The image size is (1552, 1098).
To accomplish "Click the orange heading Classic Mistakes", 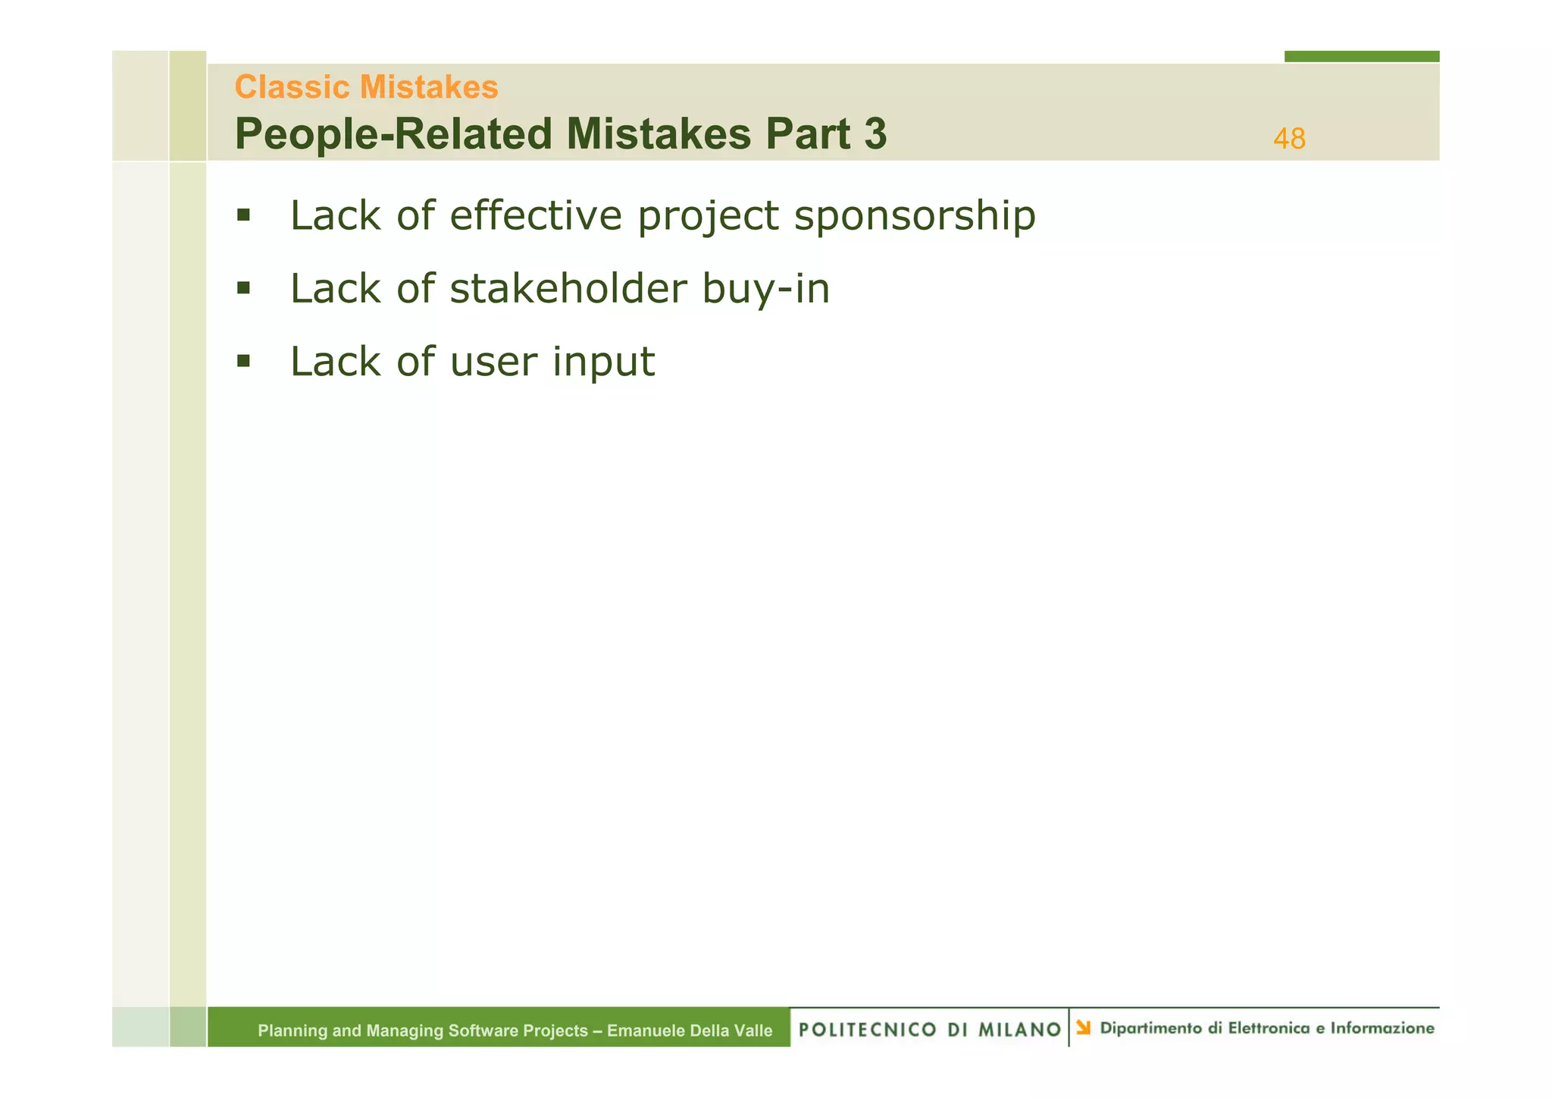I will [x=366, y=87].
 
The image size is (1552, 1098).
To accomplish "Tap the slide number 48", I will [x=1288, y=140].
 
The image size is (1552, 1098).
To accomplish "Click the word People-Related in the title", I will [x=393, y=134].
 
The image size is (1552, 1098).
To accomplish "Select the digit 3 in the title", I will [x=875, y=134].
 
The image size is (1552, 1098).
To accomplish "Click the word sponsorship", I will [x=914, y=217].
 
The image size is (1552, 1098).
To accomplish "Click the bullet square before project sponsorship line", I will [x=243, y=215].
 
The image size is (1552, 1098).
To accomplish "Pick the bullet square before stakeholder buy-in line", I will [x=243, y=288].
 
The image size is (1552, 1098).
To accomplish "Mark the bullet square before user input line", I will [x=243, y=361].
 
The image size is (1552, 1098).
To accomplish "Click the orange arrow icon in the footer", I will [x=1084, y=1027].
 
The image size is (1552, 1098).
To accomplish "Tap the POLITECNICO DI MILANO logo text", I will [x=929, y=1029].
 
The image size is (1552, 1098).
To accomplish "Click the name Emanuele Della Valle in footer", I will [x=690, y=1031].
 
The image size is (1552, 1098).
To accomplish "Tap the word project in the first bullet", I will [x=708, y=217].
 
